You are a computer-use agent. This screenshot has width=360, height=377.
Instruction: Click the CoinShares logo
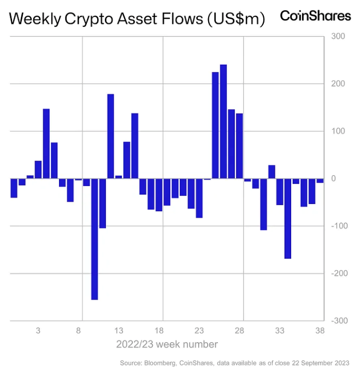tap(315, 16)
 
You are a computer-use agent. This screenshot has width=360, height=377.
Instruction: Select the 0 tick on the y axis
tap(334, 178)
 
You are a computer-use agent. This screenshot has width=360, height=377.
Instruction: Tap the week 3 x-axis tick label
tap(38, 331)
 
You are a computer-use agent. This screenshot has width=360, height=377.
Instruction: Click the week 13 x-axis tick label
tap(119, 331)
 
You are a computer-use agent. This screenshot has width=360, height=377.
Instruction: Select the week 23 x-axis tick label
tap(199, 331)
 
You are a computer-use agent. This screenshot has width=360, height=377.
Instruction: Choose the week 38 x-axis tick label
tap(320, 331)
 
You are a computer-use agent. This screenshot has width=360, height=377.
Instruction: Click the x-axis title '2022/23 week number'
tap(167, 344)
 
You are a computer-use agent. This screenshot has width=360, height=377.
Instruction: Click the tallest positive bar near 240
tap(223, 121)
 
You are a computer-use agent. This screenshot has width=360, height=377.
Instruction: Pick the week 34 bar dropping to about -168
tap(287, 218)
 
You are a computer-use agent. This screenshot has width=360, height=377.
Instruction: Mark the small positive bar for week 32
tap(272, 172)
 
